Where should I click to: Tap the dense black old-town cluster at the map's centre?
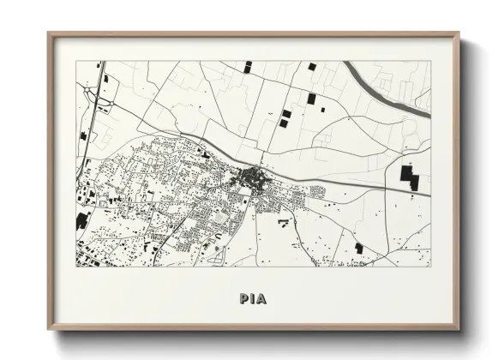pos(253,178)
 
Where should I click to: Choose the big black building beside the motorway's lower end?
pos(81,220)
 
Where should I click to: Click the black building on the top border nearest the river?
pos(311,66)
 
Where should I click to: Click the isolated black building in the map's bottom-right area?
pos(359,249)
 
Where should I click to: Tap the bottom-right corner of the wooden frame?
pos(459,330)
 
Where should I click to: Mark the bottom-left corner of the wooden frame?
pos(49,330)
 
